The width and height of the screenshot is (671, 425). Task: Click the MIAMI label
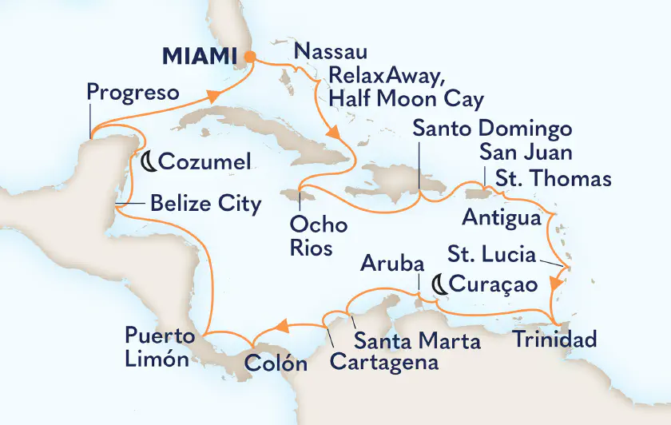coord(201,56)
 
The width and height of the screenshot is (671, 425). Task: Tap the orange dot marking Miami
coord(250,57)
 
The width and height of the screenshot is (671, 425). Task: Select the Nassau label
coord(331,53)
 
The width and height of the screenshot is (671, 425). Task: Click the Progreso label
coord(131,93)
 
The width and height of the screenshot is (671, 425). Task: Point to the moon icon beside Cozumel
coord(148,162)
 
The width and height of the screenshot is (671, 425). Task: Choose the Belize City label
coord(205,205)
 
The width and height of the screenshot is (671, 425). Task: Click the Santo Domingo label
coord(493,129)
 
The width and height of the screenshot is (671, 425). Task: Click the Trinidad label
coord(554,340)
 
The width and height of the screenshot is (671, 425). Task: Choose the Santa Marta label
coord(417,342)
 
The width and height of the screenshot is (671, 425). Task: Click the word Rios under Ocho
coord(312,248)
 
